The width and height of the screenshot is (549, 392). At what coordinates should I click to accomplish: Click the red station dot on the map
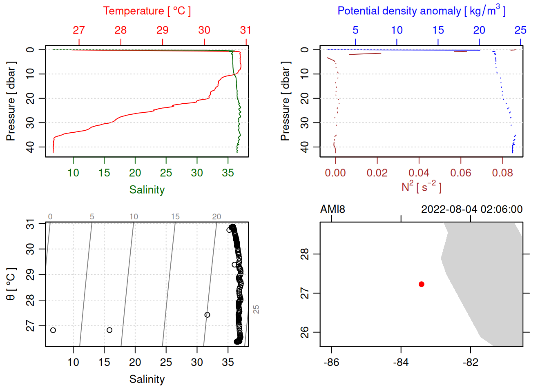coord(421,284)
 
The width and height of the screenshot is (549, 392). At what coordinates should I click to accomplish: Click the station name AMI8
coord(333,209)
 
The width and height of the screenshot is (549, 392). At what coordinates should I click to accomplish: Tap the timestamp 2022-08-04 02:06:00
coord(472,209)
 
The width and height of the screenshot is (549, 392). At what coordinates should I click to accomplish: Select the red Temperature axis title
coord(147,11)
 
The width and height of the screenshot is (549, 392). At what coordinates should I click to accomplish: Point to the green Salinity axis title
coord(147,190)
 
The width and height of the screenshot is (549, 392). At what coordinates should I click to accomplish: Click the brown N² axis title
coord(422,187)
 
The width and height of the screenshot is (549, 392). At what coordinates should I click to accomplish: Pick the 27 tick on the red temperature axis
coord(79,30)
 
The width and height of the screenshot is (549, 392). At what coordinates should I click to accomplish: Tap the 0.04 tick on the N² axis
coord(419,173)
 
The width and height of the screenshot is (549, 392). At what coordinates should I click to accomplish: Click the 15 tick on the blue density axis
coord(438,30)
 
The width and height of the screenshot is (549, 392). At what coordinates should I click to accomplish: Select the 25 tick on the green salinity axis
coord(166,173)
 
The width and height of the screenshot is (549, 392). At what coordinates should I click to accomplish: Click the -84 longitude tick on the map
coord(401,362)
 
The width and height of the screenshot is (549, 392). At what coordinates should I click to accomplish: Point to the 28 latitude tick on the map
coord(305,254)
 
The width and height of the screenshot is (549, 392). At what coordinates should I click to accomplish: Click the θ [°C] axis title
coord(11,284)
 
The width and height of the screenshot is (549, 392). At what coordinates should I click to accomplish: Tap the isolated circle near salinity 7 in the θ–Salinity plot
coord(53,330)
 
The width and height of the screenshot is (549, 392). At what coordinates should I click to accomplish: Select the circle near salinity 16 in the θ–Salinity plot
coord(109,330)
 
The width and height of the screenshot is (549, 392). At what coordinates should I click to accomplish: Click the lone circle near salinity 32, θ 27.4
coord(207,315)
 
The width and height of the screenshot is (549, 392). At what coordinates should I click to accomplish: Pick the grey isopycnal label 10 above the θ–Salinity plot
coord(134,217)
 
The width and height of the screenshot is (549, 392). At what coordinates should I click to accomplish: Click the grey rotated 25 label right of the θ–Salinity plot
coord(256,309)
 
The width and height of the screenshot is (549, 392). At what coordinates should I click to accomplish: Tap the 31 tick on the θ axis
coord(30,224)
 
